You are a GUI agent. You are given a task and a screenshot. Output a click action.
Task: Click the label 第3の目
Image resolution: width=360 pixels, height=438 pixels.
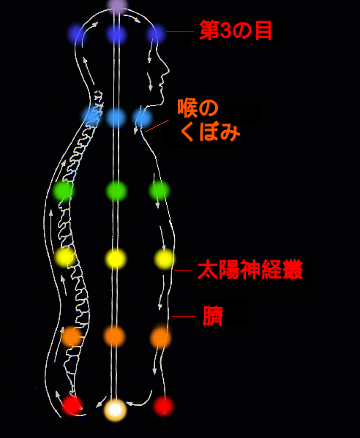[236, 31]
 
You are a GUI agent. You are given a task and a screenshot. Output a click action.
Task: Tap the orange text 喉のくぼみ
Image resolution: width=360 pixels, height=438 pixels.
[209, 120]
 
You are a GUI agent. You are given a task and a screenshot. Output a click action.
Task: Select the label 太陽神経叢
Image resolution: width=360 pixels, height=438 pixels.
[250, 270]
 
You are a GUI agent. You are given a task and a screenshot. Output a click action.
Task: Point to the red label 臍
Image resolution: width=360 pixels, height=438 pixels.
[213, 316]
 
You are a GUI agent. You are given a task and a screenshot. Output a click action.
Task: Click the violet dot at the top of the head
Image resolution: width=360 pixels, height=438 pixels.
[117, 5]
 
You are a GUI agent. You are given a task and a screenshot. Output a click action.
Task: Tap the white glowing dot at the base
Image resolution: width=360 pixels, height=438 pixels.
[115, 409]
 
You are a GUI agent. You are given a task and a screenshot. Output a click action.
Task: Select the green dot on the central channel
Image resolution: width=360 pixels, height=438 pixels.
[116, 191]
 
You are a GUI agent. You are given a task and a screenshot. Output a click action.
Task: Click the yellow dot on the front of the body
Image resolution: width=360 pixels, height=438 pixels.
[164, 259]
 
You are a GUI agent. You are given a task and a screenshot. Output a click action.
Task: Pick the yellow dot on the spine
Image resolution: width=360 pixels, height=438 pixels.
[65, 257]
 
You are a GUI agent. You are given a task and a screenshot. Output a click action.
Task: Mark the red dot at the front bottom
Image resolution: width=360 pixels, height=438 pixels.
[163, 406]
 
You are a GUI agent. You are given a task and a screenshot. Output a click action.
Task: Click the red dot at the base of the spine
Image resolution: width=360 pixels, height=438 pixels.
[72, 405]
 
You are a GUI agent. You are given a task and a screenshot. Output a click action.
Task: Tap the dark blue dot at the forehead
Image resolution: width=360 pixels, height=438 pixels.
[155, 34]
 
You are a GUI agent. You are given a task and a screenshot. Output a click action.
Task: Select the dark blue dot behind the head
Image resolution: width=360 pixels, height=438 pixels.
[76, 34]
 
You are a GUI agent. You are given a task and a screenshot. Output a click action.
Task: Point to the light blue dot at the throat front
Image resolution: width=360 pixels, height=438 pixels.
[142, 118]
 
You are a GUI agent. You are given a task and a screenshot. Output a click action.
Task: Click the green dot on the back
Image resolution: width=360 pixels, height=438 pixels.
[64, 191]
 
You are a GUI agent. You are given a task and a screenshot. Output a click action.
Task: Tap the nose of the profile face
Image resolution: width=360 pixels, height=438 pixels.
[168, 70]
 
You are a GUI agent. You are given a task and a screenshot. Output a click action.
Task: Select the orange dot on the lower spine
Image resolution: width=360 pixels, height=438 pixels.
[72, 336]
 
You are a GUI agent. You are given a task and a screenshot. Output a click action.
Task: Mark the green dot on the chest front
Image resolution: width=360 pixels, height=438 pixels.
[159, 191]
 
